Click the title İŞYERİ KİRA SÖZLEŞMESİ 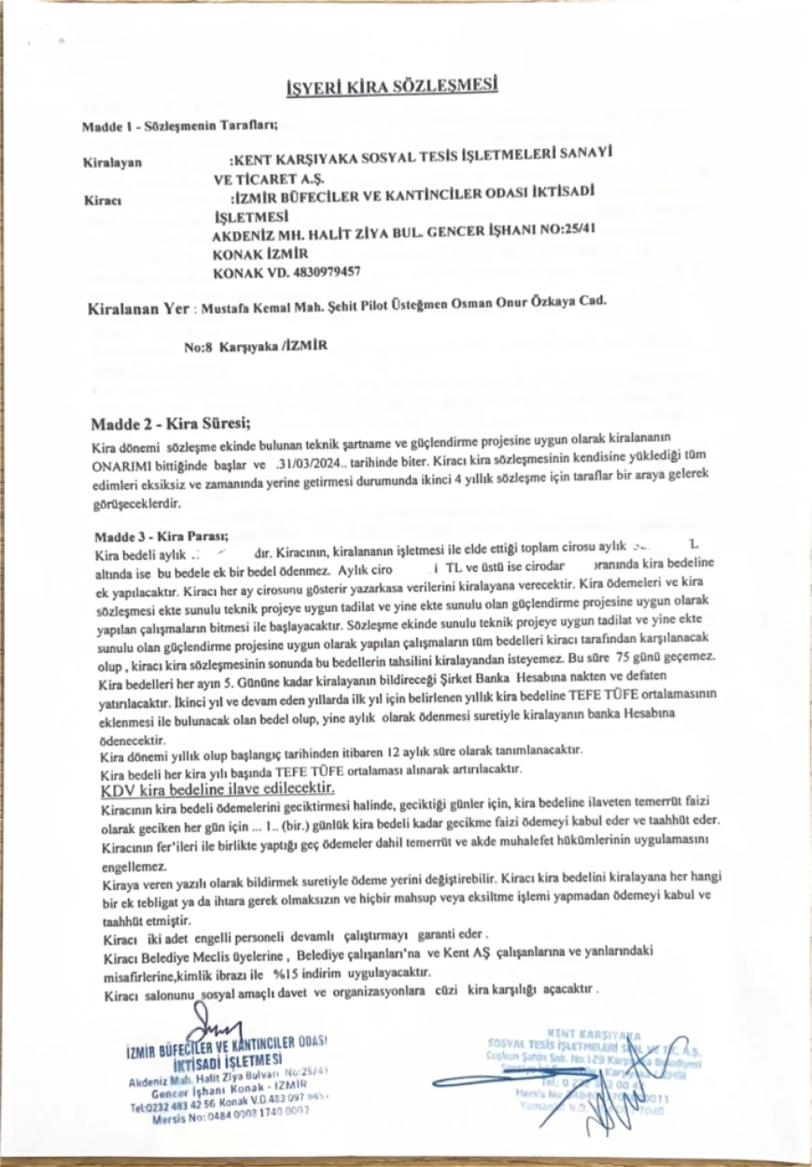pyautogui.click(x=392, y=88)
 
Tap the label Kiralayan pyautogui.click(x=112, y=162)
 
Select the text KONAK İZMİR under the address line pyautogui.click(x=254, y=255)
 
